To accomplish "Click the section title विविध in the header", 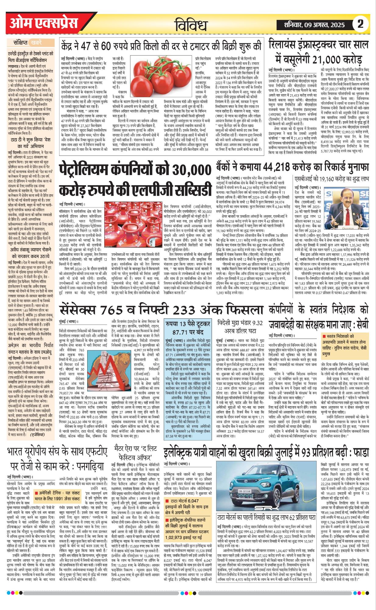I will (x=191, y=25).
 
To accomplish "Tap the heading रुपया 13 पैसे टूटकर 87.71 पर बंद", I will (x=188, y=328).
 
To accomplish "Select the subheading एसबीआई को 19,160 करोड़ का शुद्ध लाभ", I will (x=331, y=178).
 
